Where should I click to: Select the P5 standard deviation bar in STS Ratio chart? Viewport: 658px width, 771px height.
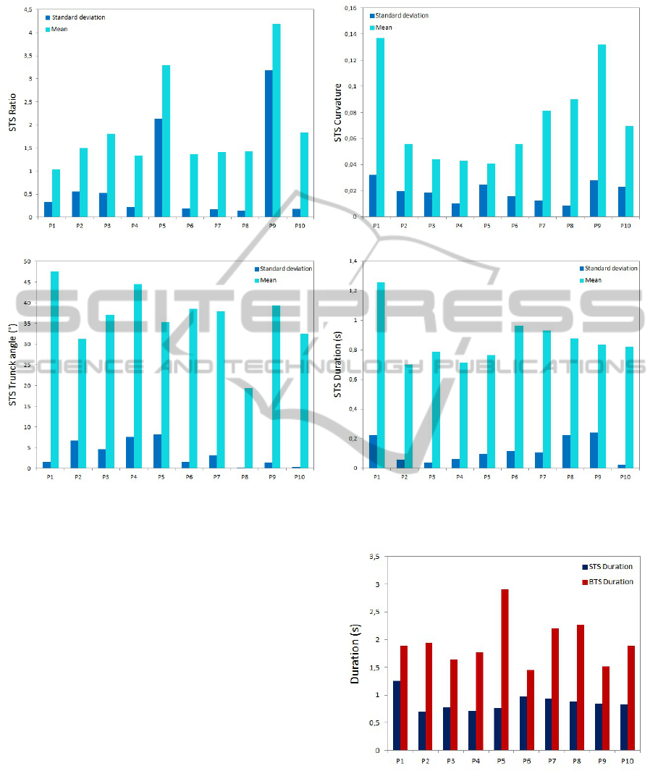click(x=159, y=167)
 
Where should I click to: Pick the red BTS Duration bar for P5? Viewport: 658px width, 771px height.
click(x=504, y=669)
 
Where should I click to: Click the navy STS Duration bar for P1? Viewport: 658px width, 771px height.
click(x=397, y=715)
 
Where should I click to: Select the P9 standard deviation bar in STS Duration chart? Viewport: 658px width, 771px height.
click(x=594, y=450)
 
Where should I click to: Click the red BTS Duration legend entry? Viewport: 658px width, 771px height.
click(x=607, y=581)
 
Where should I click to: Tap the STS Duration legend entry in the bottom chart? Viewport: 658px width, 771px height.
click(x=607, y=566)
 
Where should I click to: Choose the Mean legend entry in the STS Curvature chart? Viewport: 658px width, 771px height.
click(x=384, y=28)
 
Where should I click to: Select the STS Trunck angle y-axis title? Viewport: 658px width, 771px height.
click(x=12, y=365)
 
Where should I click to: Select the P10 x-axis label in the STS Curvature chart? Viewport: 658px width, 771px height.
click(x=625, y=225)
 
